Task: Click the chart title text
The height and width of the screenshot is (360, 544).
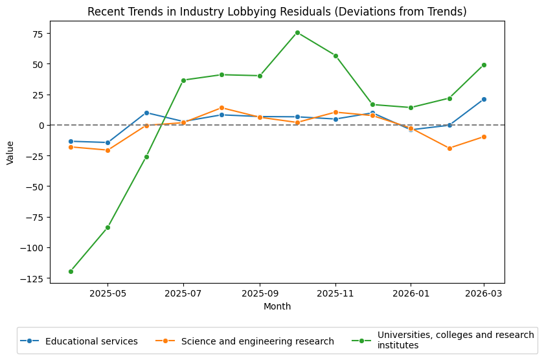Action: pos(277,12)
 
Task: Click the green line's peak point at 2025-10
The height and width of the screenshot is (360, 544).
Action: pos(297,32)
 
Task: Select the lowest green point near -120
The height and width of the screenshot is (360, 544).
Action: pos(71,271)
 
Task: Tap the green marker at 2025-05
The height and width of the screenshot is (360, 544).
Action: pos(108,227)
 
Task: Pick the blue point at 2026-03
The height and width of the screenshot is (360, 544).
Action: pos(484,99)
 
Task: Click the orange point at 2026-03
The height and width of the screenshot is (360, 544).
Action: pos(484,137)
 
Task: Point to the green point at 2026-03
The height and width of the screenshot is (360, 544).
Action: pos(484,65)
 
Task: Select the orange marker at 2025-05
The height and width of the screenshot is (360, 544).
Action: pos(108,150)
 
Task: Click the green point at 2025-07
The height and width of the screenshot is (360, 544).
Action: pos(183,80)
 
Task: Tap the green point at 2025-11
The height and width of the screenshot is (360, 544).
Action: pos(335,56)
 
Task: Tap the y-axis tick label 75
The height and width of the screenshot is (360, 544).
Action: pos(36,34)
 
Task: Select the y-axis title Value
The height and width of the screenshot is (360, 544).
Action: pos(10,153)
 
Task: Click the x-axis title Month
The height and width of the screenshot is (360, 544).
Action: pos(277,306)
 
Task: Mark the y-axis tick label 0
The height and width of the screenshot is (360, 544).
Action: pos(41,126)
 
